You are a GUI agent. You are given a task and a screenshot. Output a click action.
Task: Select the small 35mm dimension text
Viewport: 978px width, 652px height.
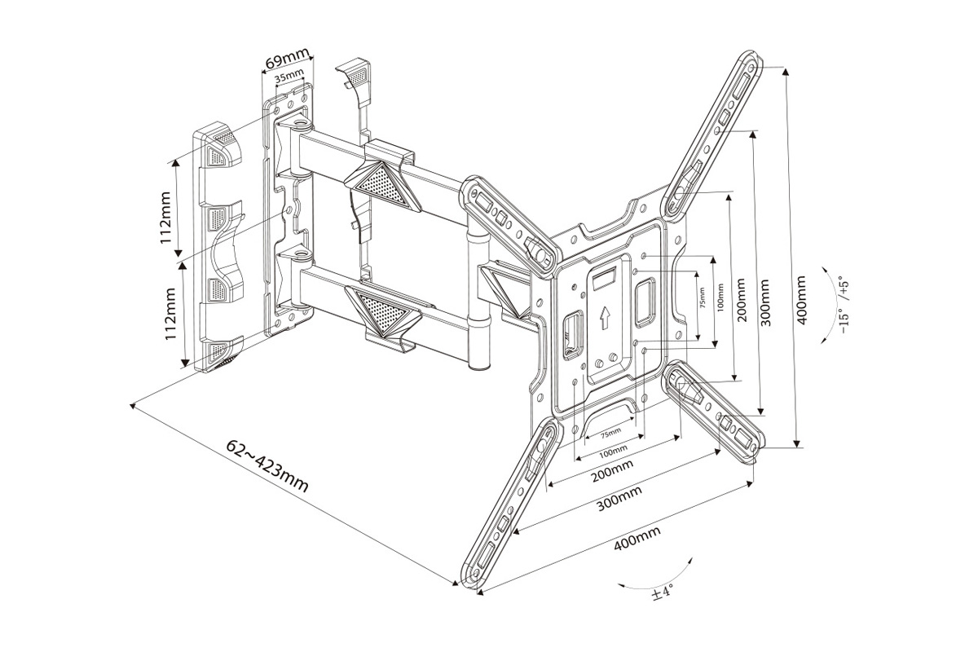coord(289,78)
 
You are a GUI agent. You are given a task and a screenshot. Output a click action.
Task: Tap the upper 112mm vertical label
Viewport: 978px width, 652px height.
coord(165,218)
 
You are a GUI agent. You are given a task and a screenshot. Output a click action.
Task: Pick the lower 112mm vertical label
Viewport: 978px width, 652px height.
coord(170,315)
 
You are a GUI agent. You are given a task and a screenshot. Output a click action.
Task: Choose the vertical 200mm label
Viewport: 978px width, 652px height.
coord(741,302)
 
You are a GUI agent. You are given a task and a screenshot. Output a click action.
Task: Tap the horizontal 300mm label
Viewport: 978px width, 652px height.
coord(619,498)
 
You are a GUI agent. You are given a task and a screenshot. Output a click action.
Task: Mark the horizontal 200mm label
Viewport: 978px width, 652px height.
coord(614,470)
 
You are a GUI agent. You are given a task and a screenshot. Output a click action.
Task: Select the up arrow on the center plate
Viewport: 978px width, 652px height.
coord(604,316)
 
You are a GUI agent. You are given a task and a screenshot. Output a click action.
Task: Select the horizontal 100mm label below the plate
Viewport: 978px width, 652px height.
coord(613,450)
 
